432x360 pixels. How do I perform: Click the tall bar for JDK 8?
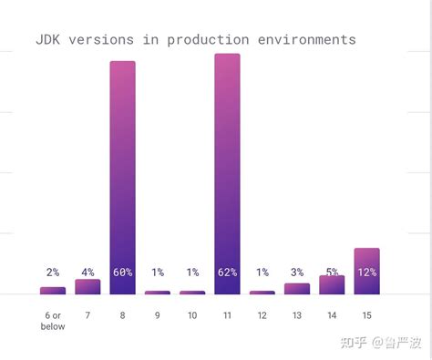122,173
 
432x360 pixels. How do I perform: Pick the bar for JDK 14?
332,285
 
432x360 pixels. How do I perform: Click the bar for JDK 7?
87,287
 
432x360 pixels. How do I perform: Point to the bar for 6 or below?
53,291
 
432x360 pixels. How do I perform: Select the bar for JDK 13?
297,289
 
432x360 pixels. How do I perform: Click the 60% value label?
122,273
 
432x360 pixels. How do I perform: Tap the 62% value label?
227,273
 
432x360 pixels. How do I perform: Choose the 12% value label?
366,273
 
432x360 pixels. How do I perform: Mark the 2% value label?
53,273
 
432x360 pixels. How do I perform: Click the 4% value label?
87,273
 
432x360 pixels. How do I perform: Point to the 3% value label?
297,273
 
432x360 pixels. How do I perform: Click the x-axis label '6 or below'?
53,320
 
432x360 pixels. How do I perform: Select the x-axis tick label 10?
192,315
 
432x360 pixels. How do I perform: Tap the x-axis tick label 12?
262,315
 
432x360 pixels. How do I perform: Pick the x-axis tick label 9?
158,315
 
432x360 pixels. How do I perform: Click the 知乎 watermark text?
354,343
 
